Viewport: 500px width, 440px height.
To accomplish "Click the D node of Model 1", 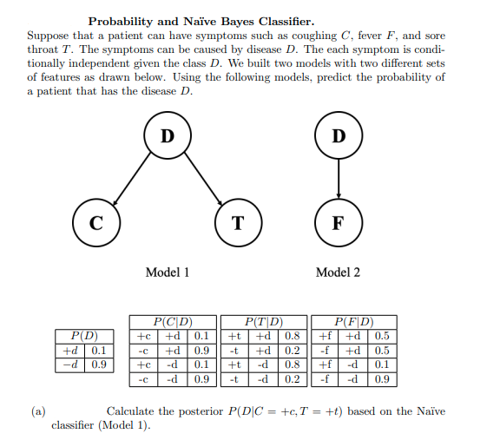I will [168, 136].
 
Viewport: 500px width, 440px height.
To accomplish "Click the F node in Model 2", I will [339, 221].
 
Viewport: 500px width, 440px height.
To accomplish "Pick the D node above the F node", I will [339, 136].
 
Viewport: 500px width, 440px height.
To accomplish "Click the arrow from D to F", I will [339, 179].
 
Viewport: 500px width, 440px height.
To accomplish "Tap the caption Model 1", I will [168, 273].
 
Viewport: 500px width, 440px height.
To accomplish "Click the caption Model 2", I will [338, 273].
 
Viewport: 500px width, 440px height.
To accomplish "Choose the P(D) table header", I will [83, 336].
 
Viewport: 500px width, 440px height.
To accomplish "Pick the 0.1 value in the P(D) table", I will [97, 350].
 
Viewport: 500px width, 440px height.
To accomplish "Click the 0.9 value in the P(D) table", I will [97, 364].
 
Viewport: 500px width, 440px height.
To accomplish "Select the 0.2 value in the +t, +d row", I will [293, 350].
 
